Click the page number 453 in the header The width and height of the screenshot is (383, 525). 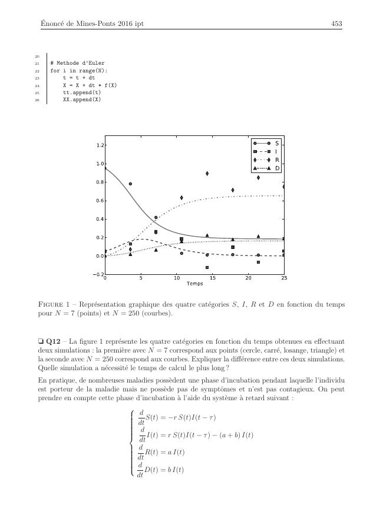(x=337, y=24)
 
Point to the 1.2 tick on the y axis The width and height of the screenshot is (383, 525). (x=100, y=145)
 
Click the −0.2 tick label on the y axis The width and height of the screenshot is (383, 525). (x=98, y=274)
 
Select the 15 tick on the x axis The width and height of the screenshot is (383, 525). (x=212, y=278)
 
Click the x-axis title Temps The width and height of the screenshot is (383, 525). (x=194, y=284)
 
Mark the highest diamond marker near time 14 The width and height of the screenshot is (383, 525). (x=207, y=174)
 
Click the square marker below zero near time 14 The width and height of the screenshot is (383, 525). (x=207, y=267)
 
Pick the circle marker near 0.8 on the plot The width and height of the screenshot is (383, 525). (x=130, y=184)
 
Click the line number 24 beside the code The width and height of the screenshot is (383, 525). (x=37, y=85)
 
